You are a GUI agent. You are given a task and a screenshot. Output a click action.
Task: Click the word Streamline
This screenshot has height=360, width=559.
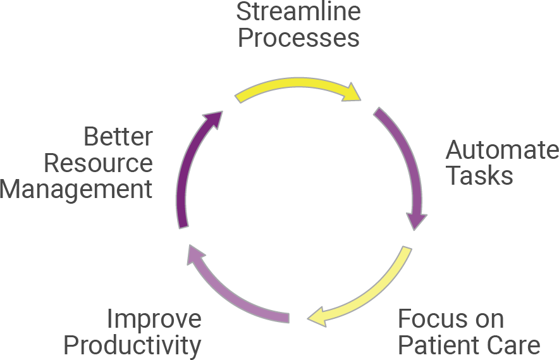click(x=298, y=12)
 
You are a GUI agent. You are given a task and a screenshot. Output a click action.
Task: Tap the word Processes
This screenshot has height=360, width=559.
click(x=298, y=38)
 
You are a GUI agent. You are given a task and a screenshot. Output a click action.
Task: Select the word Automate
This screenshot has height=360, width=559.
click(x=502, y=151)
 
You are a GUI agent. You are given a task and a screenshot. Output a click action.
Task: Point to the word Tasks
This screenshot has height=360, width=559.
click(x=479, y=176)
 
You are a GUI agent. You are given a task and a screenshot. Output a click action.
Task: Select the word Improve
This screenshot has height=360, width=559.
click(x=154, y=320)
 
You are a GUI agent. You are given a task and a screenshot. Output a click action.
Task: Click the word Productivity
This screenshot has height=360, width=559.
click(x=133, y=346)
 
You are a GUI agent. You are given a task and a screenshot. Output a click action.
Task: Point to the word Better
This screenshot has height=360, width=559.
click(x=118, y=137)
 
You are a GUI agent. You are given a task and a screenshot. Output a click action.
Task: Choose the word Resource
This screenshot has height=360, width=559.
click(x=98, y=163)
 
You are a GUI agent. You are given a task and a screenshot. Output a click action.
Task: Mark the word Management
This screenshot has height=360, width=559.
click(x=77, y=189)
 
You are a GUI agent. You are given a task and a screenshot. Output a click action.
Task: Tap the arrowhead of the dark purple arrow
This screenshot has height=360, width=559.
click(x=213, y=120)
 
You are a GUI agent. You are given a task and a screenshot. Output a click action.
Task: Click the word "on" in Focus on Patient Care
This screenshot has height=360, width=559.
click(x=489, y=320)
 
